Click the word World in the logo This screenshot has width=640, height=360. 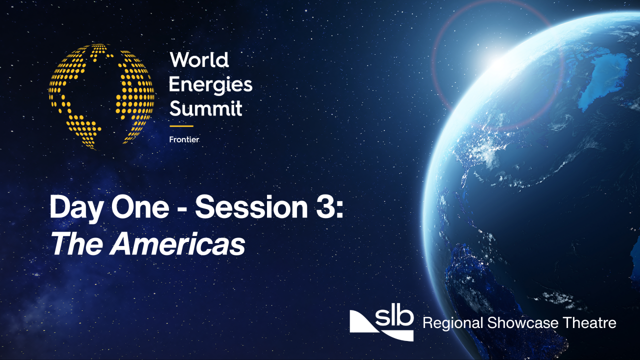coord(199,60)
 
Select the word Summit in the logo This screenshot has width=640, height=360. coord(205,108)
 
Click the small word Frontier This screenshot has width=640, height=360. coord(184,139)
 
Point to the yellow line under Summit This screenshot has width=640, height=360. coord(181,126)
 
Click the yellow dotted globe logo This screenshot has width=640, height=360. coord(101,96)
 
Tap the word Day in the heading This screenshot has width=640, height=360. coord(73,207)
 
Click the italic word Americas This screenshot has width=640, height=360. coord(178,244)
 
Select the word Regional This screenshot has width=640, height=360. coord(453,323)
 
